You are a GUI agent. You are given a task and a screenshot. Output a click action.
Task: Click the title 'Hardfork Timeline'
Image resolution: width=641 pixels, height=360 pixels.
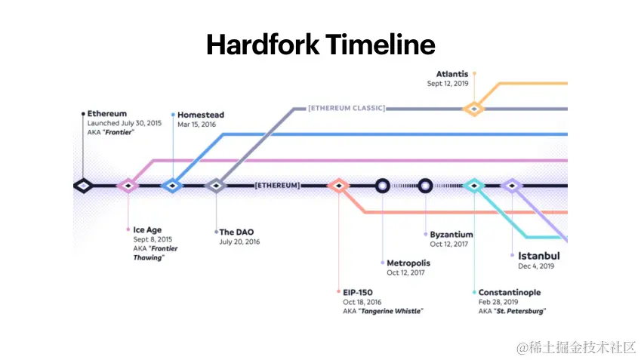pos(320,45)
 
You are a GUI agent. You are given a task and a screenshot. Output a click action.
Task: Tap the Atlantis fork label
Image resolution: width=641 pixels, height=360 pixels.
pos(451,74)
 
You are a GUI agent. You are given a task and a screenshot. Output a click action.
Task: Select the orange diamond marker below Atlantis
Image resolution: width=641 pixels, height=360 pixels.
pos(473,109)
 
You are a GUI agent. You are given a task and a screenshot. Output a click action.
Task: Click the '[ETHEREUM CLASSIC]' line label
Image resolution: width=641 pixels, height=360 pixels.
pos(346,109)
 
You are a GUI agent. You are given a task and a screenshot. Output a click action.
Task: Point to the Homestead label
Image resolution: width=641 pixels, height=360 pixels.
pos(200,115)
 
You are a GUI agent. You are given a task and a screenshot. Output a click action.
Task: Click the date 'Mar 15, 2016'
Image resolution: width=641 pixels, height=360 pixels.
pos(196,124)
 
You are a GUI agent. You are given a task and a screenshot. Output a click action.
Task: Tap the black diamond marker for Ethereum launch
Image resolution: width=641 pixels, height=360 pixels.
pos(83,185)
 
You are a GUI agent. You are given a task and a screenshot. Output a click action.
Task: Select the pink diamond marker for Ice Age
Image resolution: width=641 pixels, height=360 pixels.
pos(128,185)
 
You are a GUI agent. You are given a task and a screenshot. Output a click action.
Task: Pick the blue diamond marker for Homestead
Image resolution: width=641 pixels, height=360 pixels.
pos(173,185)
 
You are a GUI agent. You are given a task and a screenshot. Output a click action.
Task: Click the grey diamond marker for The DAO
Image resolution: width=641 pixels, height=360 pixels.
pos(217,185)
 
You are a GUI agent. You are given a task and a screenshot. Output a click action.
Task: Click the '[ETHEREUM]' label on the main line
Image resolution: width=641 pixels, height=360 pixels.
pos(277,185)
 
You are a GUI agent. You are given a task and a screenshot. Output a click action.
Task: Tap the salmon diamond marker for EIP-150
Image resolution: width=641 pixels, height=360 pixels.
pos(338,185)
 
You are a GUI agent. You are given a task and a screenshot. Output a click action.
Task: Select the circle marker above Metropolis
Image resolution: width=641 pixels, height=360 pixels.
pos(383,185)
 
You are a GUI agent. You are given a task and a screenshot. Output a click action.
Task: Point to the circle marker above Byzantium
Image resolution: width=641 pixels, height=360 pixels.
pos(426,185)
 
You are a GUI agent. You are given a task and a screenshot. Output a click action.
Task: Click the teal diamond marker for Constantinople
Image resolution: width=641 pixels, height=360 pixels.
pos(474,185)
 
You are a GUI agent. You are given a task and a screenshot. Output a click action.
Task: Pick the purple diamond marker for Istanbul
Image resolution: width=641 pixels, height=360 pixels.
pos(513,185)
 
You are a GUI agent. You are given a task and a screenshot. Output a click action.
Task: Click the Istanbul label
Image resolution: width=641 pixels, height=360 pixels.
pos(538,256)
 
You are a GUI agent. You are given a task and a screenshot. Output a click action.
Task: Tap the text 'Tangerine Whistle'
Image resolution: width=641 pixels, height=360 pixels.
pos(391,311)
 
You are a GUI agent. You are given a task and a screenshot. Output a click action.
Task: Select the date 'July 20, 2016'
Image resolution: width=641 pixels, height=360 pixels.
pos(239,242)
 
